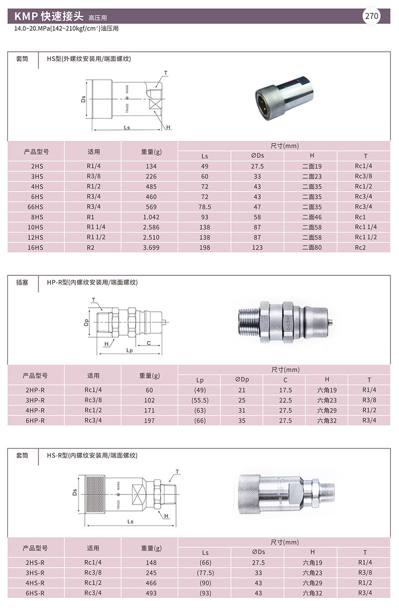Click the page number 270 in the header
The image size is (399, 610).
pyautogui.click(x=371, y=16)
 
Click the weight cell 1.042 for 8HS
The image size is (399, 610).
pyautogui.click(x=151, y=217)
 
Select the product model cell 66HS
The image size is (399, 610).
pyautogui.click(x=35, y=207)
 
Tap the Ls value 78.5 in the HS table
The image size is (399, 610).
pyautogui.click(x=204, y=207)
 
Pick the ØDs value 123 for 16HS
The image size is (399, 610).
pyautogui.click(x=257, y=247)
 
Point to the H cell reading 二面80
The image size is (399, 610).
pyautogui.click(x=312, y=247)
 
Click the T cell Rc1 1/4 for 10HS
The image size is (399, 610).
pyautogui.click(x=366, y=227)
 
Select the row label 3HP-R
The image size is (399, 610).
pyautogui.click(x=35, y=400)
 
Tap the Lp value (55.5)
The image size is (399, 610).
pyautogui.click(x=200, y=400)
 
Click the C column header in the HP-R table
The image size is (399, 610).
pyautogui.click(x=285, y=380)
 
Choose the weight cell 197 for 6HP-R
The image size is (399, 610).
pyautogui.click(x=149, y=420)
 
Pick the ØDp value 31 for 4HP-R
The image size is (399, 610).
pyautogui.click(x=241, y=410)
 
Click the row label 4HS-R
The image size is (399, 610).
pyautogui.click(x=35, y=583)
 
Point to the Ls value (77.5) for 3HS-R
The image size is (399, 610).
pyautogui.click(x=205, y=573)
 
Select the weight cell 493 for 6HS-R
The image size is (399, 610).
pyautogui.click(x=151, y=593)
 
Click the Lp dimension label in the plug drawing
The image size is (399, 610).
pyautogui.click(x=129, y=350)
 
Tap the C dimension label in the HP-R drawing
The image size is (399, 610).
pyautogui.click(x=149, y=343)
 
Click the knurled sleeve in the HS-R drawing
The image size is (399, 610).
pyautogui.click(x=95, y=494)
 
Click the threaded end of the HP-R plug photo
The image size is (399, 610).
pyautogui.click(x=248, y=322)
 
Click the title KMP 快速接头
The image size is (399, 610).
pyautogui.click(x=48, y=16)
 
